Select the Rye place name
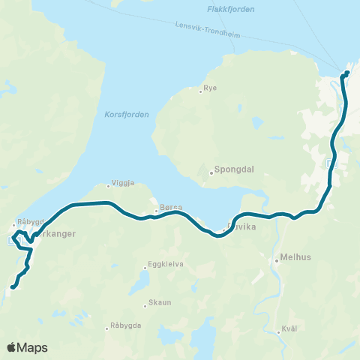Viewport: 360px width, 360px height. point(210,88)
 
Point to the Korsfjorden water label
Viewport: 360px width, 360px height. point(123,115)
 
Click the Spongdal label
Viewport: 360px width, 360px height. point(234,169)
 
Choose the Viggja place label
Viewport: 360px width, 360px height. point(122,182)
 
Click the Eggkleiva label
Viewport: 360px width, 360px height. point(167,265)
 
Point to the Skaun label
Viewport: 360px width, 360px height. point(160,304)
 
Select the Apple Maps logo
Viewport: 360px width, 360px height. point(26,347)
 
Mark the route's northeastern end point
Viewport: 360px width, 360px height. point(346,73)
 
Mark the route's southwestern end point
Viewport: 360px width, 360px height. point(13,286)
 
